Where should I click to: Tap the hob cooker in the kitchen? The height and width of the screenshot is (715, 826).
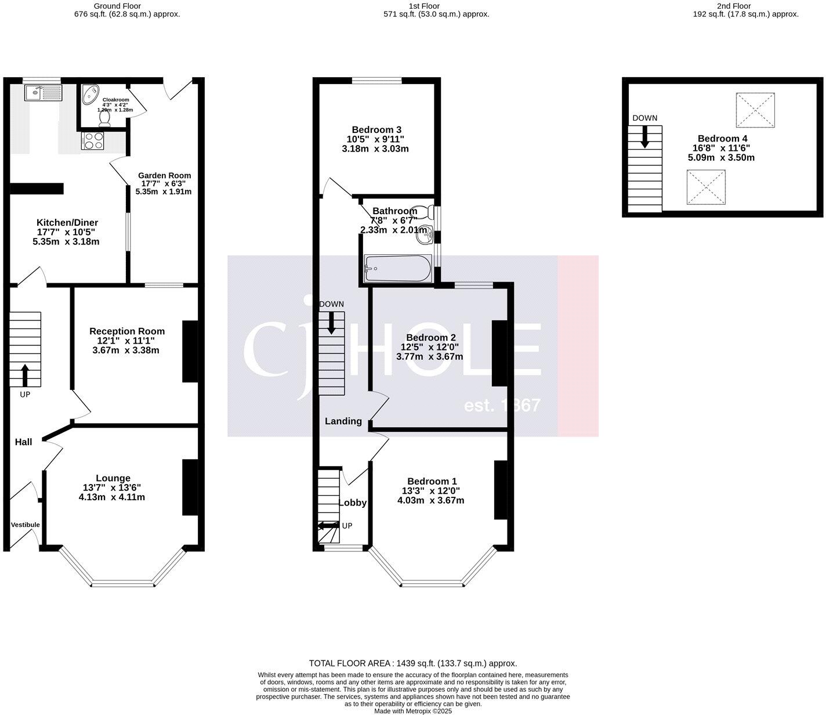point(93,140)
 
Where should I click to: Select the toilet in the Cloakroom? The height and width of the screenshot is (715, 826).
point(105,118)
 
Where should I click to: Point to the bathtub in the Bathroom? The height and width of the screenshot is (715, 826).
point(397,269)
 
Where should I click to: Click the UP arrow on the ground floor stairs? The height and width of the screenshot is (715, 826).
point(25,375)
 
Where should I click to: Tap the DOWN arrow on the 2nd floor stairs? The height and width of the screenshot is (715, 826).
point(644,137)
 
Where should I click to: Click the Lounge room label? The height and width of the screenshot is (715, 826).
point(113,478)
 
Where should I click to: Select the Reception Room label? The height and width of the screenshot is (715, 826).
point(126,331)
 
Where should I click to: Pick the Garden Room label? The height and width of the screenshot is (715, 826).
point(164,175)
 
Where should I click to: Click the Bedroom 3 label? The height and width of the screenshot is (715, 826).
point(376,129)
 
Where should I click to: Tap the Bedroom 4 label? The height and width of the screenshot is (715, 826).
point(722,138)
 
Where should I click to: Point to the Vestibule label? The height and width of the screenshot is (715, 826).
point(25,525)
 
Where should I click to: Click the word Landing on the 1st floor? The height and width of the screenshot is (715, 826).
point(343,421)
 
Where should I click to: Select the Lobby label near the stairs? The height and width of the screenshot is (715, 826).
point(352,503)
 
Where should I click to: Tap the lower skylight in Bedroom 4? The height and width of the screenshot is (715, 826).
point(706,187)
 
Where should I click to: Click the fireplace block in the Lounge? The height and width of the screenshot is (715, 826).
point(190,487)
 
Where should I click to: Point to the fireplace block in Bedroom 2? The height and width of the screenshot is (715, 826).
point(499,353)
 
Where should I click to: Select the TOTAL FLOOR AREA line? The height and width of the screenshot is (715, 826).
point(412,663)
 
